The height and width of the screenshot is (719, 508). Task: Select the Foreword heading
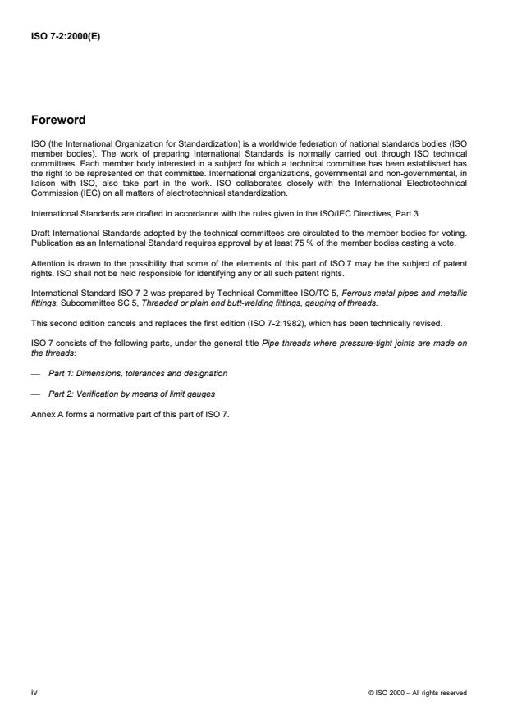58,121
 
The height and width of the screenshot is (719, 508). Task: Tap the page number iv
34,692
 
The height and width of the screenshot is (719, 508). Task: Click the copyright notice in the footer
418,693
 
